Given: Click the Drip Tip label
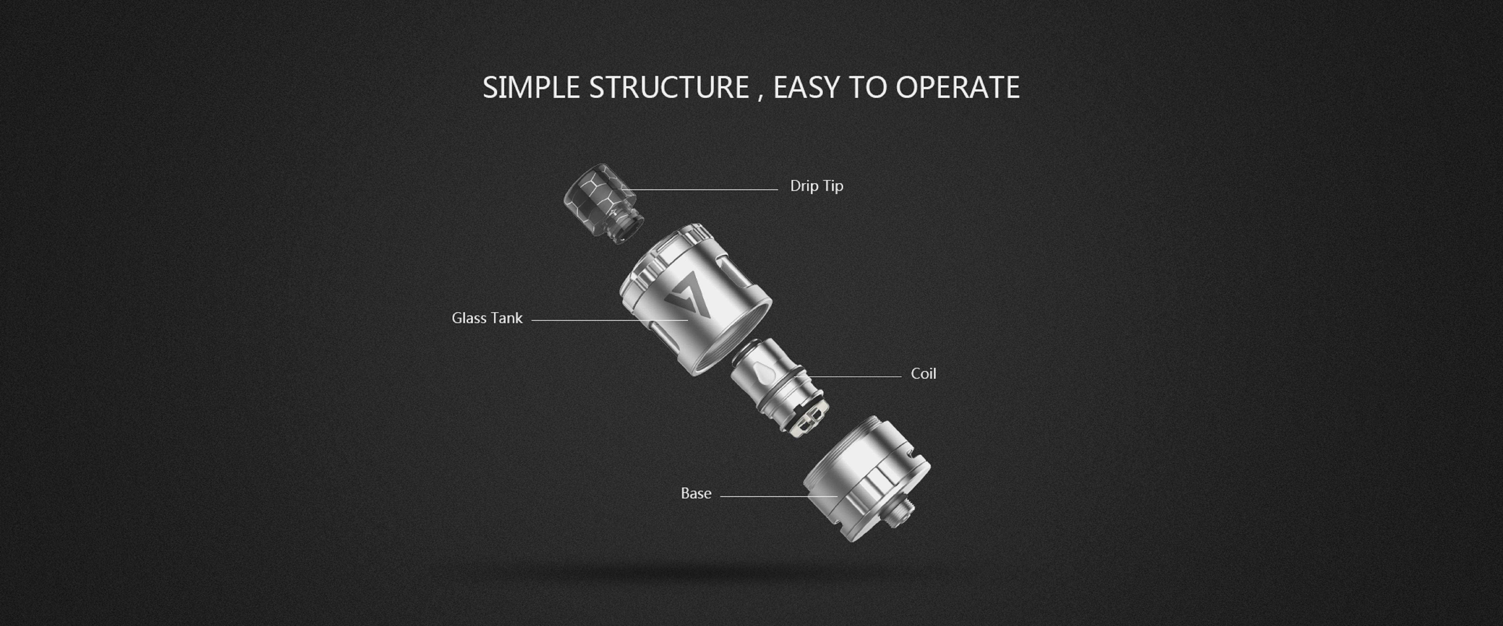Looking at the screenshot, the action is coord(816,186).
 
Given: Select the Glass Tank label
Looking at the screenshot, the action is coord(487,318).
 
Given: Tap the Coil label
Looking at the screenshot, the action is coord(923,373).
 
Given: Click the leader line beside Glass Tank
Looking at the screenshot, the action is coord(610,320).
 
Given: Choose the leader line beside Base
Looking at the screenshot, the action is coord(779,496).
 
